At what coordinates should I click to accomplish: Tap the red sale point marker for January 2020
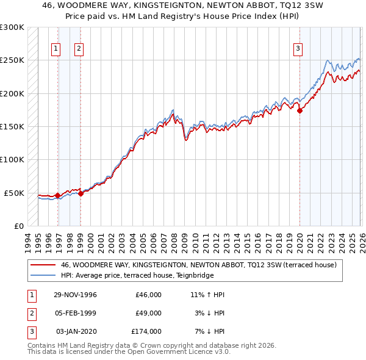pos(300,111)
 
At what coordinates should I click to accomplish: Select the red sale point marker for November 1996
pos(57,195)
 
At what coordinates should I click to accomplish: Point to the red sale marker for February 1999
pos(81,193)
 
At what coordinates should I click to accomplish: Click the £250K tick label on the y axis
pos(12,60)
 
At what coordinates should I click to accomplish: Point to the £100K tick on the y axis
pos(12,160)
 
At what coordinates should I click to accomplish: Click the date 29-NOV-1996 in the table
pos(76,294)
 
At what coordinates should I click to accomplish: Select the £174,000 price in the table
pos(146,331)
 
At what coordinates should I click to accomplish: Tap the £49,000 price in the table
pos(148,313)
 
